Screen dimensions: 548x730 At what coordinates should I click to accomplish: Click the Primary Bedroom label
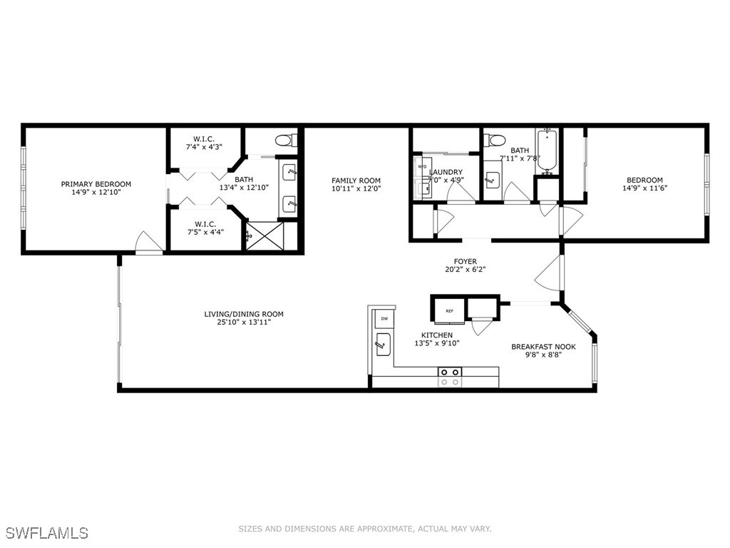pos(96,184)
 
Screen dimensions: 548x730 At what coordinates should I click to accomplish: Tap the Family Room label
pos(356,181)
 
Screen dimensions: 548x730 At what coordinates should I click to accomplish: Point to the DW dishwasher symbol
pos(384,318)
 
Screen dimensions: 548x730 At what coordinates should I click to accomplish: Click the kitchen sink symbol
pos(383,345)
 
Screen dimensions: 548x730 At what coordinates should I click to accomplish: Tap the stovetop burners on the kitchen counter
pos(450,377)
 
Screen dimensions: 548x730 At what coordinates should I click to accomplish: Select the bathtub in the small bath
pos(547,151)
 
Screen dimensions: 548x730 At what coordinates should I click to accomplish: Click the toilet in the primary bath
pos(287,139)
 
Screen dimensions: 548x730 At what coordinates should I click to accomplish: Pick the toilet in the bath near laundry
pos(497,139)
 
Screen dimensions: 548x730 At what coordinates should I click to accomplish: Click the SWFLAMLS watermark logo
pos(47,532)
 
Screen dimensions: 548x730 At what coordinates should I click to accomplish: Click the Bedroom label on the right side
pos(644,180)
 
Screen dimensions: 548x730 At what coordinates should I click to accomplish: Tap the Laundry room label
pos(446,172)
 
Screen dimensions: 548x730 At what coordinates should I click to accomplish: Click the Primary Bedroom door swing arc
pos(146,240)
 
